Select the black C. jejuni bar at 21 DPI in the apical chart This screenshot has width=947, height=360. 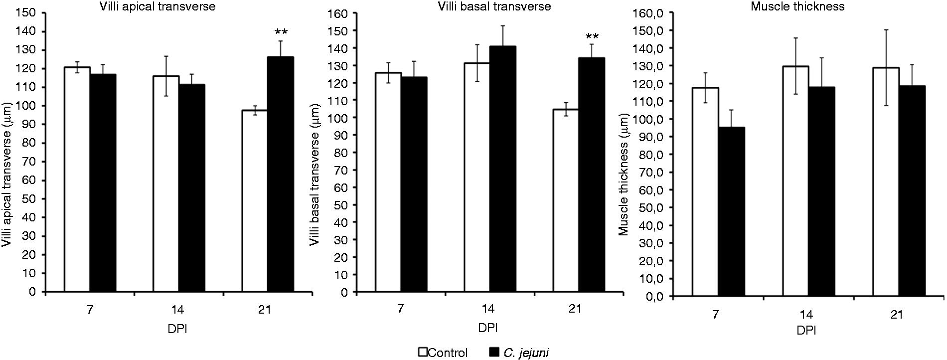pyautogui.click(x=281, y=175)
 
